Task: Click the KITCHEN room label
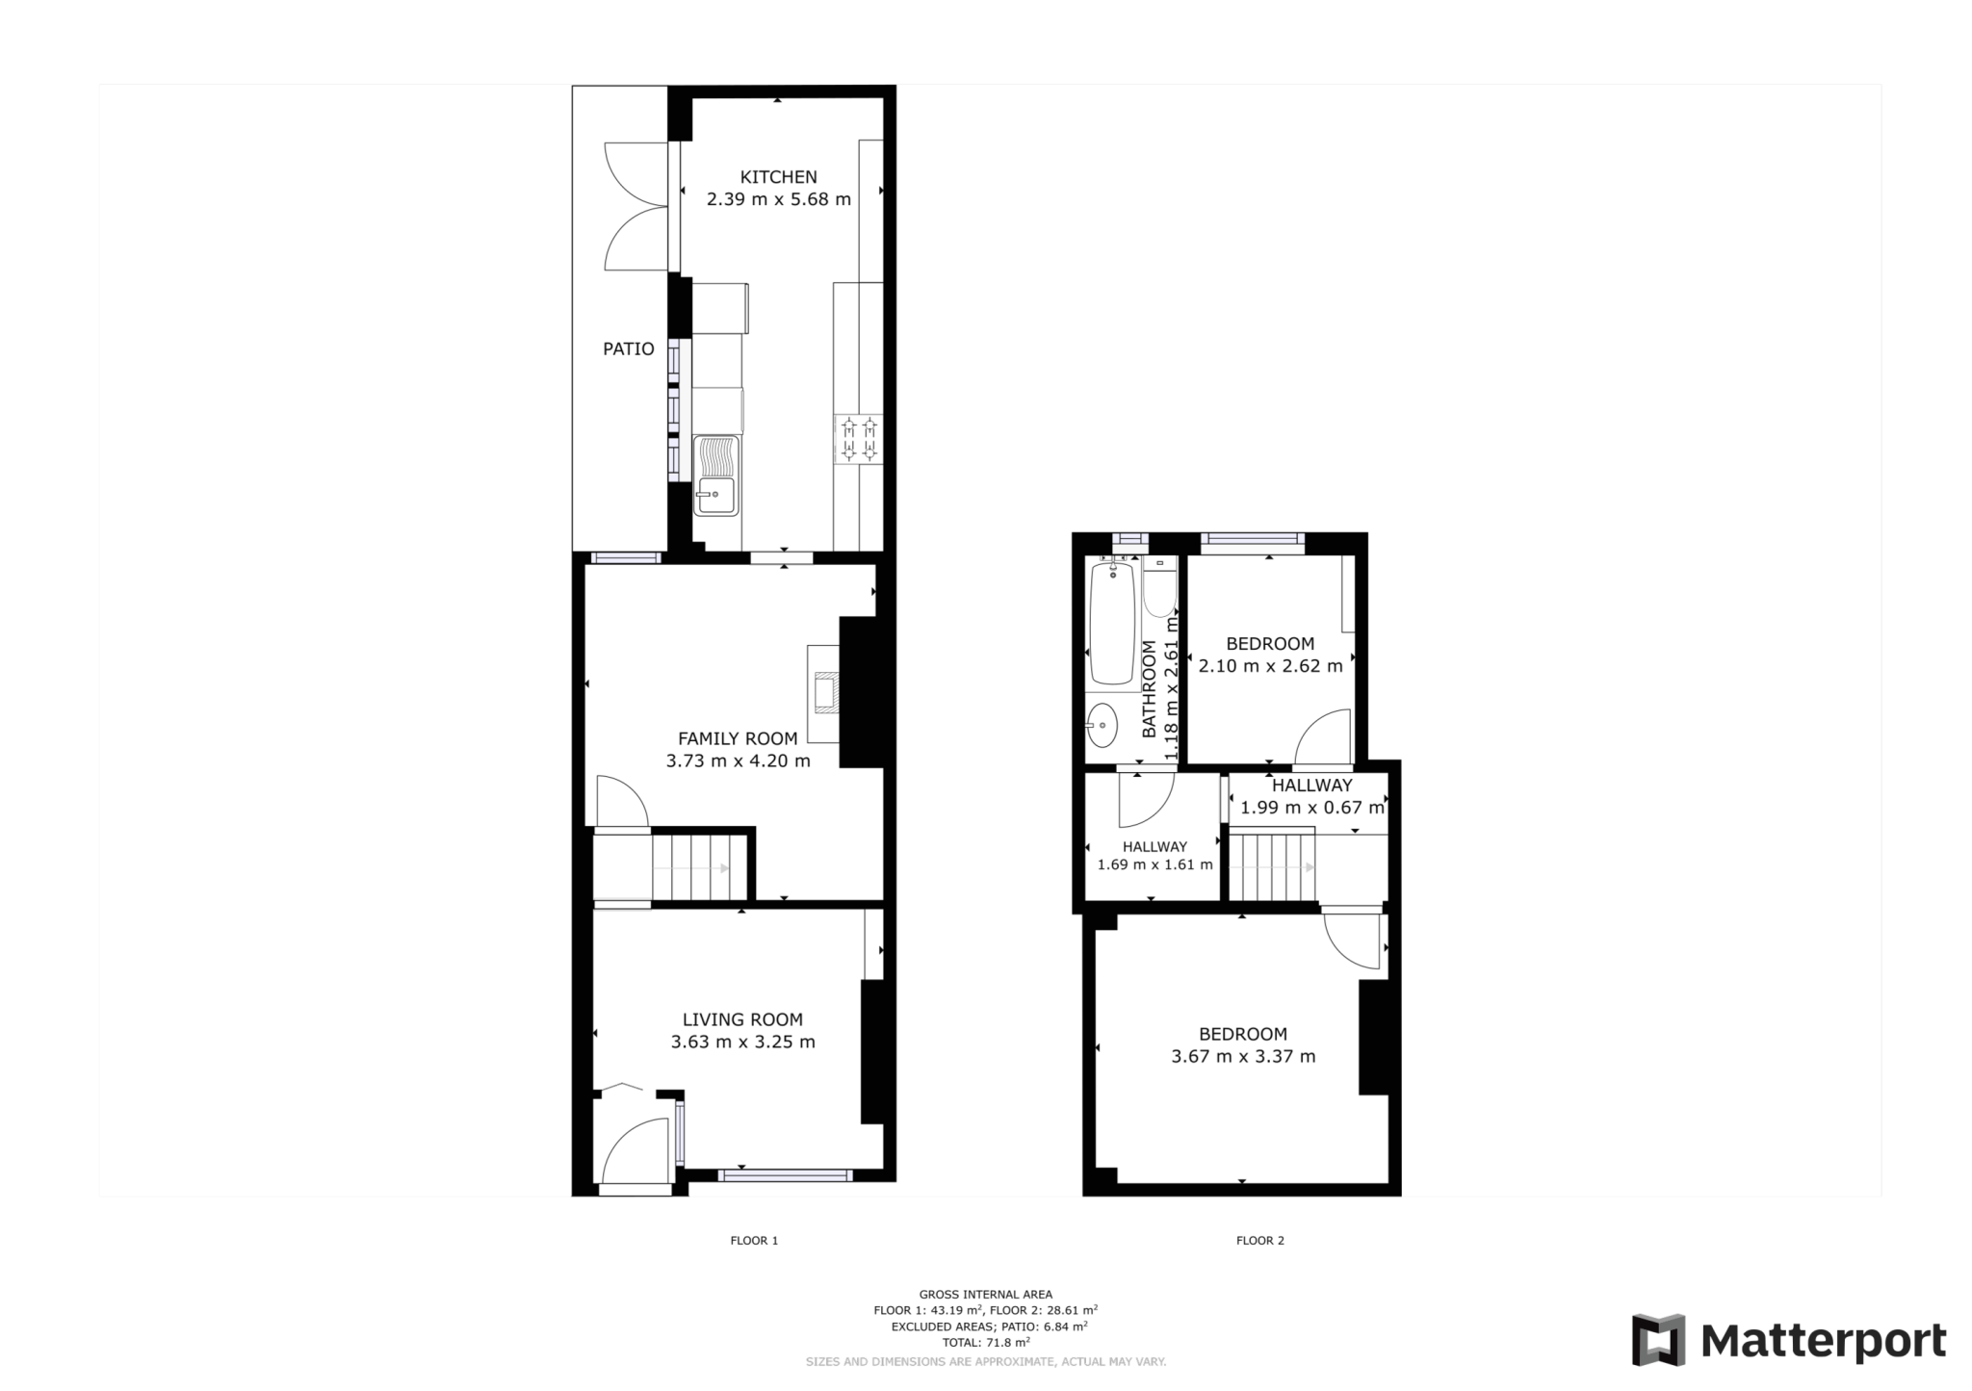(778, 177)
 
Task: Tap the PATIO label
(628, 349)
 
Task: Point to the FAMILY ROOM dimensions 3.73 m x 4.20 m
(738, 761)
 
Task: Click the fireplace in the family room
(824, 692)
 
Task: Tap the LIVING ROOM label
(742, 1019)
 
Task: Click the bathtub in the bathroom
(1112, 624)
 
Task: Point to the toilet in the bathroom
(1159, 589)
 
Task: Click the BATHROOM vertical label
(1149, 689)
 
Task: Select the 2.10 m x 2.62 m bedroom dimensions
(1270, 666)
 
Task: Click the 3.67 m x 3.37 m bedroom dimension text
(1242, 1057)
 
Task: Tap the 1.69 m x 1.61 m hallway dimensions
(1155, 864)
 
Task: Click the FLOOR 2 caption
(1259, 1241)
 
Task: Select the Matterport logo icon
(1657, 1339)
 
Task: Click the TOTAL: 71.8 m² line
(985, 1342)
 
